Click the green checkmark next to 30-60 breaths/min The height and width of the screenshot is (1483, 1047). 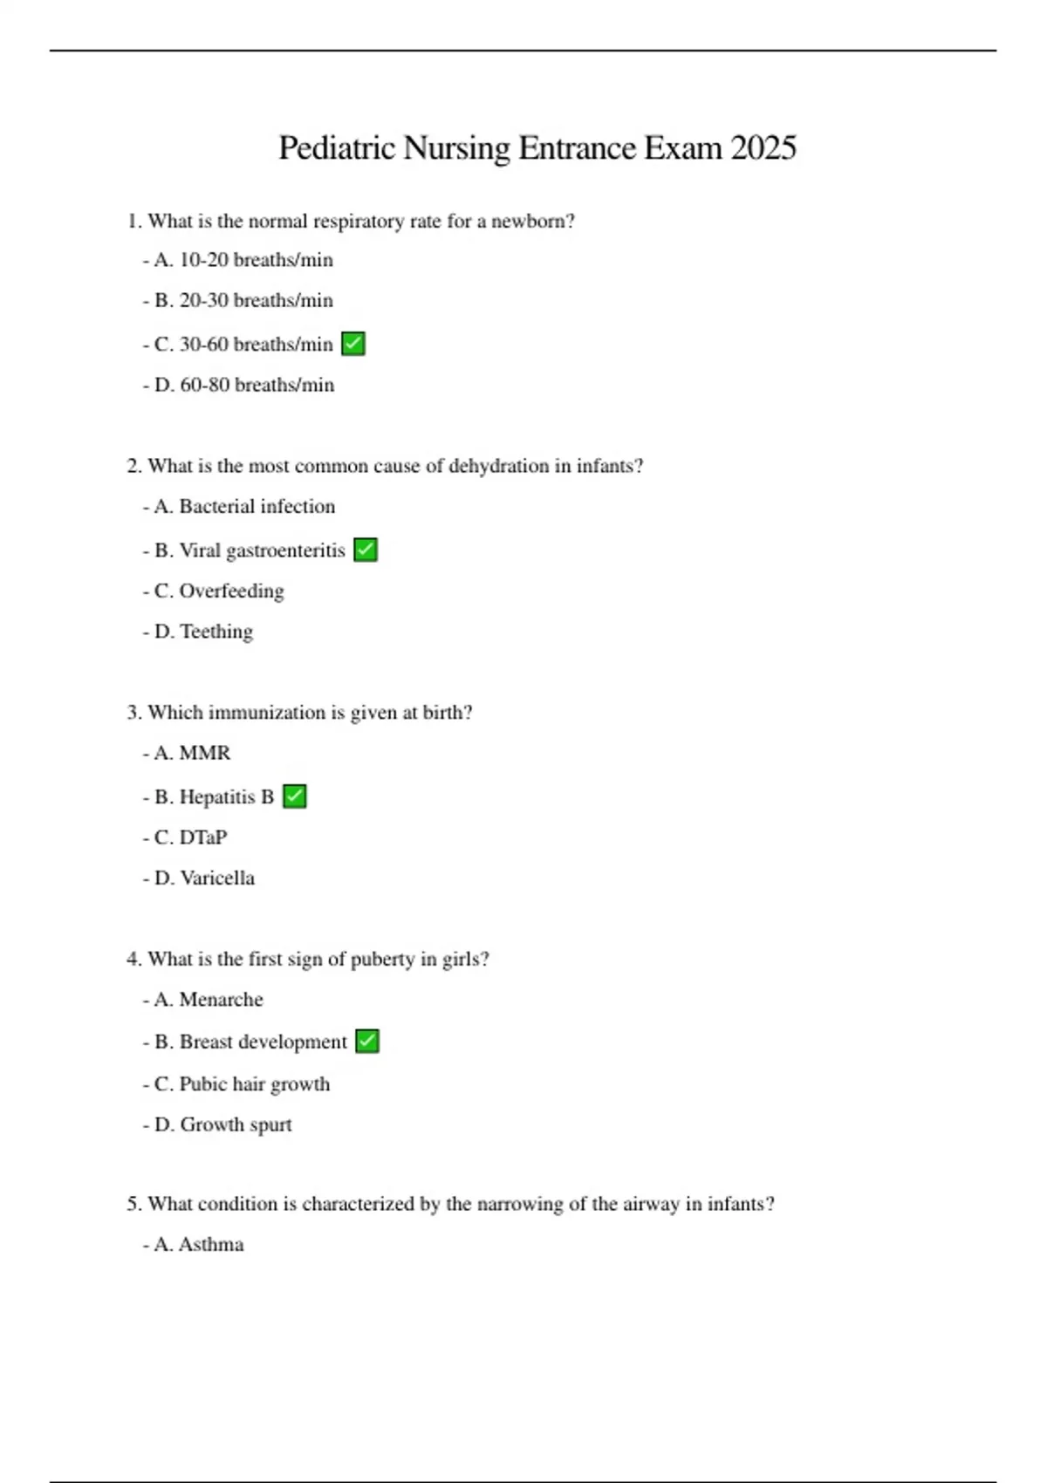pos(353,344)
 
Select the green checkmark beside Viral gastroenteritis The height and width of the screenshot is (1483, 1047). pos(366,550)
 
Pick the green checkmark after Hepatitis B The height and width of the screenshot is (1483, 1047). pos(295,796)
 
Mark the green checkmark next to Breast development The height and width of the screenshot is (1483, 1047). pos(367,1042)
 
